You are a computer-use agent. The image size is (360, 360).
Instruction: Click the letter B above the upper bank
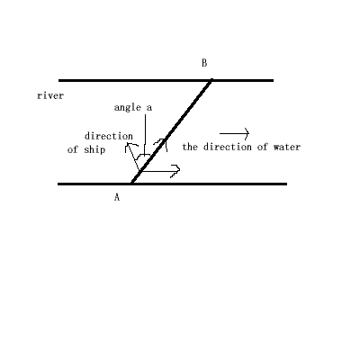tap(204, 63)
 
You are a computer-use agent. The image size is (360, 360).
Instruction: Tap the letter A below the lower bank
tap(117, 197)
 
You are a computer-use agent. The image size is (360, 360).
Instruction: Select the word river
tap(50, 95)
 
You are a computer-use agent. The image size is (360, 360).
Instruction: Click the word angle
tap(128, 107)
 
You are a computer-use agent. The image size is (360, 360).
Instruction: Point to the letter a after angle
tap(149, 108)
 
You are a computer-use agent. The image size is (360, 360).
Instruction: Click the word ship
tap(94, 149)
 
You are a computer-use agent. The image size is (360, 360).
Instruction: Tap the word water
tap(287, 147)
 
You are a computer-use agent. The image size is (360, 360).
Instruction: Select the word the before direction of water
tap(191, 147)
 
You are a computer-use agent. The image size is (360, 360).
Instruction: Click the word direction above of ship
tap(109, 136)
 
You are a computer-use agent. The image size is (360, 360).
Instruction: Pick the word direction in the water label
tap(228, 147)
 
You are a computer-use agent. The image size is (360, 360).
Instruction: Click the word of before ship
tap(73, 149)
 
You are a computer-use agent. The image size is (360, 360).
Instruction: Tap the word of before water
tap(263, 147)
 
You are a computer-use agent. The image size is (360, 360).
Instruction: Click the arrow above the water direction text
tap(234, 133)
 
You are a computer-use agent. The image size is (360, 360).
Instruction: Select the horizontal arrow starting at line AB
tap(160, 171)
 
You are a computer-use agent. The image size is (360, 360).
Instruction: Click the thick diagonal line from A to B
tap(172, 131)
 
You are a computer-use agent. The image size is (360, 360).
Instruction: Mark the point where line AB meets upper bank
tap(211, 80)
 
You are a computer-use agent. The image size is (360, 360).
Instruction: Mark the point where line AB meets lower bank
tap(132, 184)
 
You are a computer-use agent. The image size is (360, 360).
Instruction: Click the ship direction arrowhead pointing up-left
tap(130, 147)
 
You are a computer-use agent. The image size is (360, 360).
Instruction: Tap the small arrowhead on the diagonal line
tap(161, 143)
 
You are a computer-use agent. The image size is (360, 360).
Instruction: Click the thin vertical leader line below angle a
tap(145, 134)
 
